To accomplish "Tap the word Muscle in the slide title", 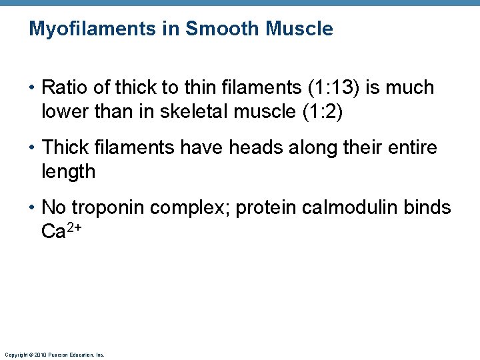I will point(299,29).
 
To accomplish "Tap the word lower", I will point(65,112).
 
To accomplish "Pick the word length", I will point(68,172).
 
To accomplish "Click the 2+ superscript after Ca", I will point(75,227).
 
